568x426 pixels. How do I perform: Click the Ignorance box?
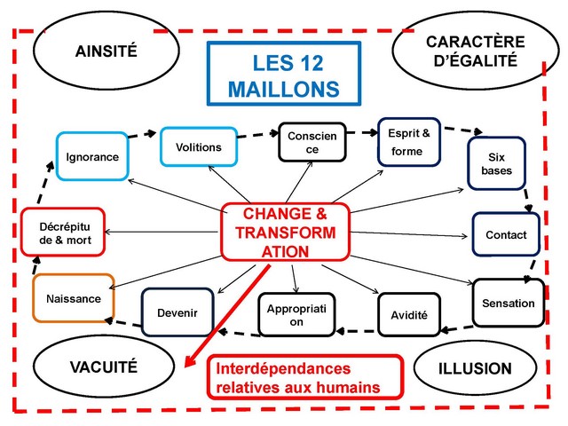pos(92,157)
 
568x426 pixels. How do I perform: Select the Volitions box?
pos(199,146)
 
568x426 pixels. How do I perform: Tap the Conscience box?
pos(312,142)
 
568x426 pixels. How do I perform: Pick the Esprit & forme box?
pos(409,142)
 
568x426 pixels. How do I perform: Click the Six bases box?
pos(497,163)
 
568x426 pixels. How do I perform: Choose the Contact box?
pos(506,235)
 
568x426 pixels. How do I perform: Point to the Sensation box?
pos(508,304)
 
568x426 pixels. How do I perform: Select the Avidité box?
pos(409,315)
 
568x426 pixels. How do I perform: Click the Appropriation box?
pos(297,314)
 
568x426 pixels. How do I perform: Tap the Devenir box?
pos(177,313)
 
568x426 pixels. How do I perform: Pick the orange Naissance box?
pos(74,298)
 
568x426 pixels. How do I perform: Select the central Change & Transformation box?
pos(285,233)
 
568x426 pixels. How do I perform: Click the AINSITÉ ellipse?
pos(106,51)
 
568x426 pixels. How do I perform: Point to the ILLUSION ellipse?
pos(475,367)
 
